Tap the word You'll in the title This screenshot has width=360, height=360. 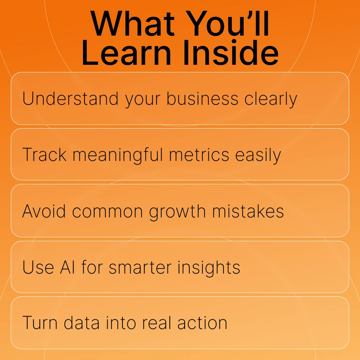[227, 23]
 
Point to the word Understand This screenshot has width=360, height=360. [70, 99]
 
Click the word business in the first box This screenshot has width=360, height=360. [202, 99]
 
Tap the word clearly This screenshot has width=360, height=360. [271, 99]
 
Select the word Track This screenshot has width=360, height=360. [45, 154]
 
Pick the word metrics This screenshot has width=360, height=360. [199, 154]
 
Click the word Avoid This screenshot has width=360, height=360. [44, 211]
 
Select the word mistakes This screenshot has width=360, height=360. [248, 211]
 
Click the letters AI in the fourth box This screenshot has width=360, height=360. [68, 267]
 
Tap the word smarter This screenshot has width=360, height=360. [140, 267]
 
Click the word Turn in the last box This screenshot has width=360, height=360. [40, 323]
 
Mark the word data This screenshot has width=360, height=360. [82, 323]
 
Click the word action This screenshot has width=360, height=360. [202, 323]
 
